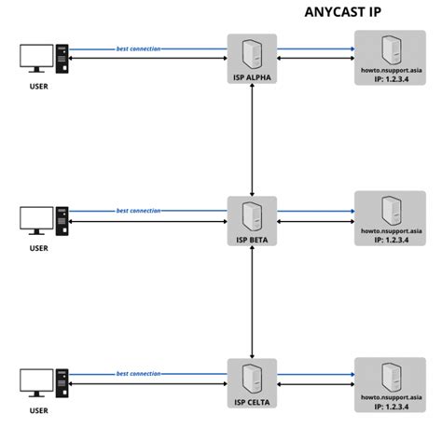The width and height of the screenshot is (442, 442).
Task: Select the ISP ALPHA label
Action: (x=253, y=76)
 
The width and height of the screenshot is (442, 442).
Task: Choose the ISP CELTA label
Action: (x=253, y=402)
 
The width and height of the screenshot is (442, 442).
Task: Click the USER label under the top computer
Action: (x=38, y=86)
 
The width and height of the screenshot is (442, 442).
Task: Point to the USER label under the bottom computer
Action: (x=38, y=410)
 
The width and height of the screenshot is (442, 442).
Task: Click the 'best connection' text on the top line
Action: (x=138, y=48)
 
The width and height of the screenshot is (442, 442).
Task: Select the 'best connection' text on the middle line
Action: (x=138, y=211)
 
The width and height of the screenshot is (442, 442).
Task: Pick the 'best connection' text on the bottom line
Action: (x=138, y=373)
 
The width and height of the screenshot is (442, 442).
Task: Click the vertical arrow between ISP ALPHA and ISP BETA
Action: (x=253, y=140)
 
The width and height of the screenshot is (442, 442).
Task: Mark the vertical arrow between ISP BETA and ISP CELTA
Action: (x=253, y=302)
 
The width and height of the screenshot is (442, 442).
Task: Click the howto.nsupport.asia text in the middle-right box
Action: (x=391, y=228)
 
